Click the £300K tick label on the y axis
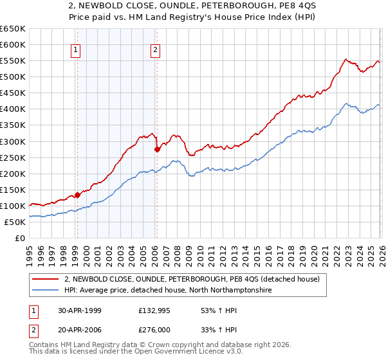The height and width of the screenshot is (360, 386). pyautogui.click(x=13, y=141)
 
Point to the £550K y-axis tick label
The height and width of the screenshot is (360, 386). pyautogui.click(x=13, y=60)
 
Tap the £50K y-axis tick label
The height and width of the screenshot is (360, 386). pyautogui.click(x=15, y=222)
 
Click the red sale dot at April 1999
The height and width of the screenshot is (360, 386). pyautogui.click(x=78, y=195)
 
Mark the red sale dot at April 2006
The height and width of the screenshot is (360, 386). pyautogui.click(x=157, y=149)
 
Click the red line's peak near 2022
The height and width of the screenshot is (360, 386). pyautogui.click(x=345, y=59)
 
